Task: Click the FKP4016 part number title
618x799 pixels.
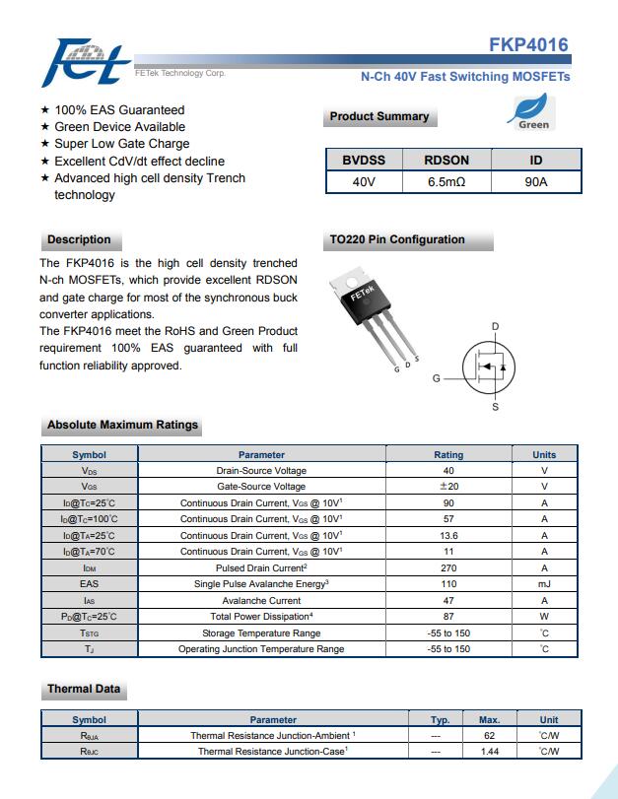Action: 528,45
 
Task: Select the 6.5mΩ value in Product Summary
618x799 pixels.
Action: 446,182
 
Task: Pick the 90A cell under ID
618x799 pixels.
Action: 536,182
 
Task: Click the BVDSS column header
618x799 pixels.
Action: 364,160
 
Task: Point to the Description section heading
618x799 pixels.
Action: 79,239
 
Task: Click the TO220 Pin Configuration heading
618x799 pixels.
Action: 397,239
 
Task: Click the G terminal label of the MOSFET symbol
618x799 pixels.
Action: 436,378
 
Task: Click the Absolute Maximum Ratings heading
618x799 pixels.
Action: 122,426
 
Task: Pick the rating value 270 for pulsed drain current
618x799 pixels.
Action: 448,568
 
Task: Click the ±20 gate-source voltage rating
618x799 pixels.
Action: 448,487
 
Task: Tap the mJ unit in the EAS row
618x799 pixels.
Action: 544,584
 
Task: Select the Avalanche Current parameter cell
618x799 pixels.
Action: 261,600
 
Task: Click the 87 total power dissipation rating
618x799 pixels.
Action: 448,617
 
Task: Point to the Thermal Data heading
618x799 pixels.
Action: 83,689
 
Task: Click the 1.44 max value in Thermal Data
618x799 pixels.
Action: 489,752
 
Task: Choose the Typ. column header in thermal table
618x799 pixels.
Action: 441,720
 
